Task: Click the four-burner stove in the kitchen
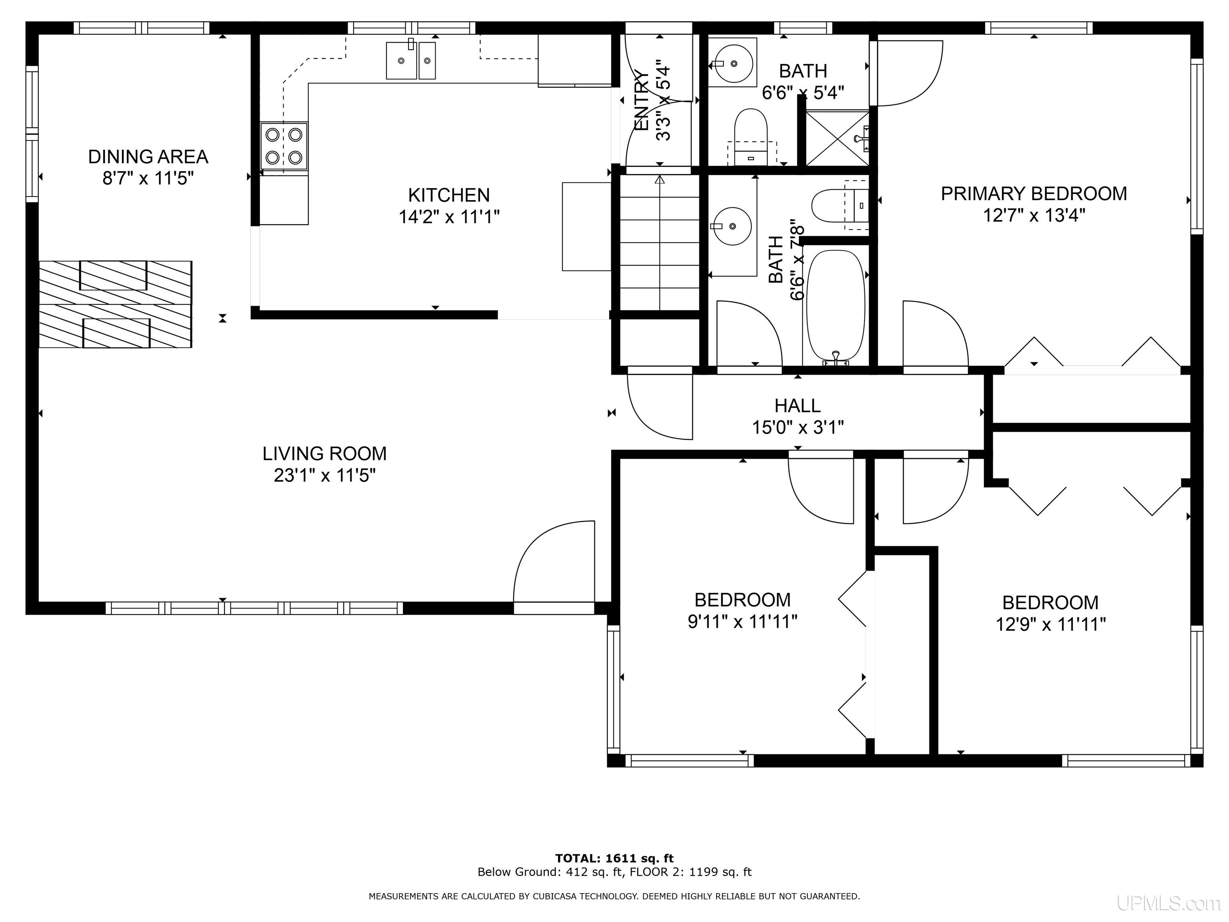(284, 146)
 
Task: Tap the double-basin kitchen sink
(410, 60)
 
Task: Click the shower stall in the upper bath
(837, 138)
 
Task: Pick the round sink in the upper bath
(733, 62)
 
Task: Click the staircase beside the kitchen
(659, 243)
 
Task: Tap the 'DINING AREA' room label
(148, 157)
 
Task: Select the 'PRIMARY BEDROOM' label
(1034, 193)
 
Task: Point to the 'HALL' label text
(798, 406)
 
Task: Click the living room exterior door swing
(554, 562)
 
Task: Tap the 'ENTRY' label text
(642, 100)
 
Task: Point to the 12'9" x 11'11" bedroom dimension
(1051, 624)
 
